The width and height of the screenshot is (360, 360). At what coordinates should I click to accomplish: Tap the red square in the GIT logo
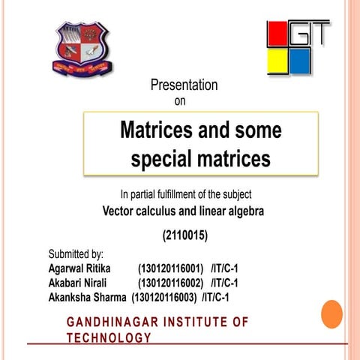point(276,34)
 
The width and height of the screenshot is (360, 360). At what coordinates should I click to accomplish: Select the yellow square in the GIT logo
point(277,61)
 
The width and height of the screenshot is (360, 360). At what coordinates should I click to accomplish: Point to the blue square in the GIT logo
point(300,61)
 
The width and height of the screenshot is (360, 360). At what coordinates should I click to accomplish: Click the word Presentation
point(184,85)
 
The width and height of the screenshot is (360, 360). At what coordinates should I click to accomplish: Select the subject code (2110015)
point(184,235)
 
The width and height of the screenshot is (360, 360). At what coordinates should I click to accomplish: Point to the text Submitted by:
point(76,255)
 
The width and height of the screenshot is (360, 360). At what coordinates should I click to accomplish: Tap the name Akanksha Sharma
point(87,297)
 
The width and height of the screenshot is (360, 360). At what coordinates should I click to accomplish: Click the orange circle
point(331,313)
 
